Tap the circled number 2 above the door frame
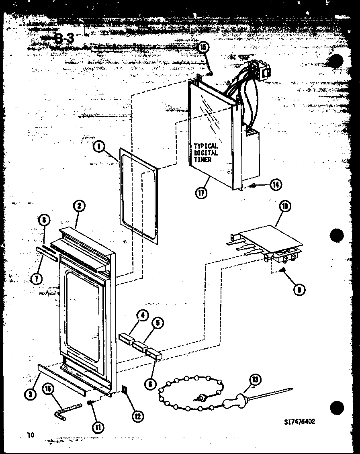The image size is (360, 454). [79, 206]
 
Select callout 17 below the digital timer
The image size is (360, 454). [201, 192]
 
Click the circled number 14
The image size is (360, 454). [276, 184]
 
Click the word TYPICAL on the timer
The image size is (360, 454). [206, 146]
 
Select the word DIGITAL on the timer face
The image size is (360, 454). [206, 153]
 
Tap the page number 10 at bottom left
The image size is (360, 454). [31, 435]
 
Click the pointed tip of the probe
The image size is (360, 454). [291, 389]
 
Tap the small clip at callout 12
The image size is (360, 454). [125, 389]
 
